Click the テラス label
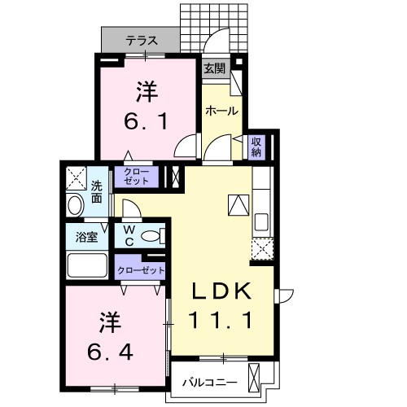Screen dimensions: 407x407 (x=142, y=39)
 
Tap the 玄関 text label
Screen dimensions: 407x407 (x=214, y=68)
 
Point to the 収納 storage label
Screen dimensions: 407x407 (x=256, y=147)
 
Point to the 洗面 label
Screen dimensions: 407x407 (x=97, y=190)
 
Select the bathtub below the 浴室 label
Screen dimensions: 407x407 (x=87, y=265)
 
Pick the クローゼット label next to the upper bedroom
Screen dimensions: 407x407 (x=138, y=177)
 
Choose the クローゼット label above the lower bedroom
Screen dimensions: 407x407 (x=141, y=269)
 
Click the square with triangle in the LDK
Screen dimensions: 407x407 (x=238, y=204)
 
